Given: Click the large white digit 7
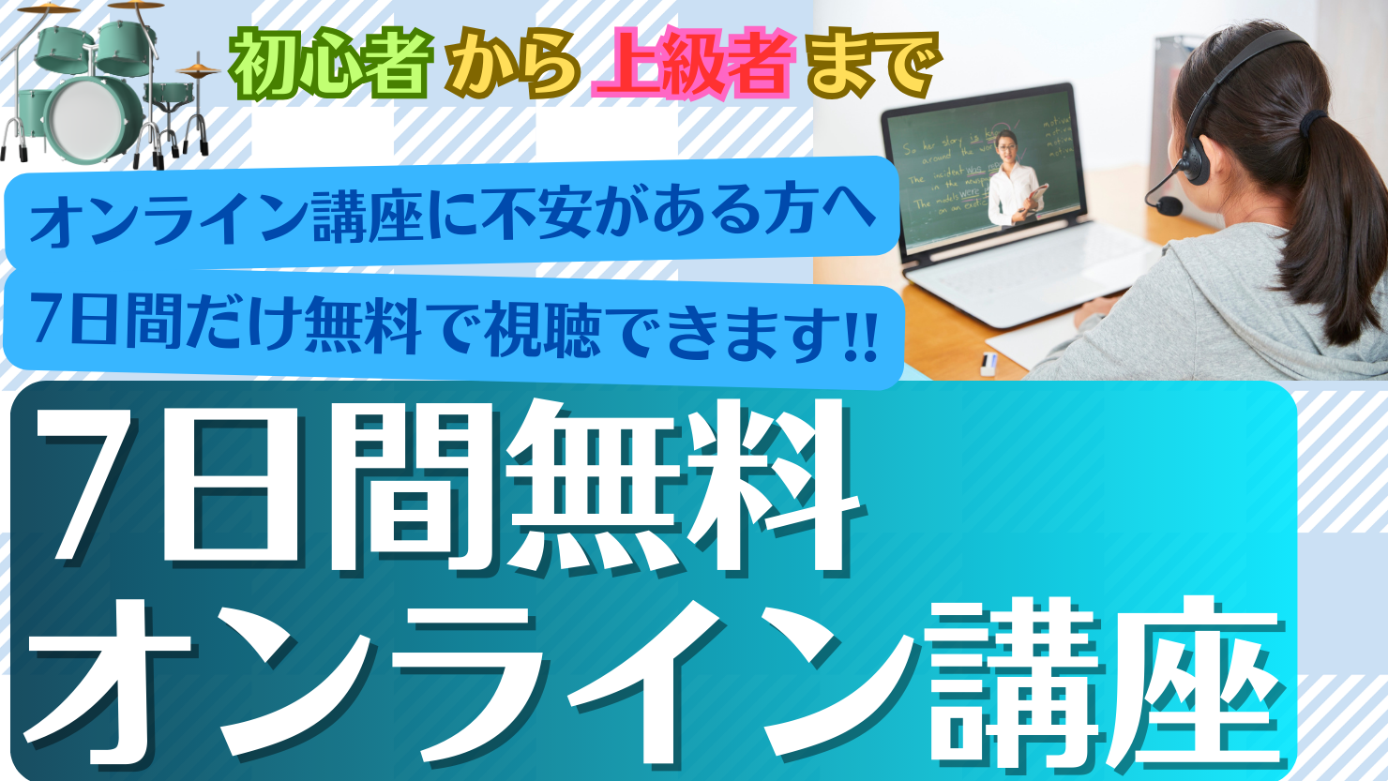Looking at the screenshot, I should [x=89, y=488].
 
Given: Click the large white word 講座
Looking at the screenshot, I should [x=1107, y=684].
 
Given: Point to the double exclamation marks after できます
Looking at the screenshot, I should [x=861, y=335].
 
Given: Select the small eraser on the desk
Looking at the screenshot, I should [x=988, y=364].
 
